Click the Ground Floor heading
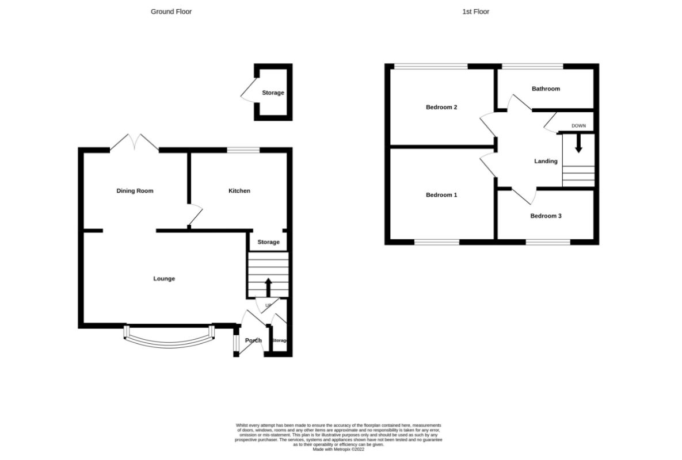pos(171,11)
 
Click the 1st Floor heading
pos(475,11)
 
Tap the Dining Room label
pos(135,191)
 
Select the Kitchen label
pos(239,191)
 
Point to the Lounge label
pos(164,279)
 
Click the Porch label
pos(253,340)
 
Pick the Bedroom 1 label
pos(441,195)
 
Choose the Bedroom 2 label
pos(441,107)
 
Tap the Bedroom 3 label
pos(546,216)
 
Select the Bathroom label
pos(546,89)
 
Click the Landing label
pos(546,162)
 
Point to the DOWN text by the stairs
pos(578,126)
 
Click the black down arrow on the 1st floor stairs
pos(578,144)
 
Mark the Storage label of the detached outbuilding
pos(273,93)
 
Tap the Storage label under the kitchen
pos(268,242)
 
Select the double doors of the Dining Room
pos(134,144)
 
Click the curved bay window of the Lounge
pos(169,339)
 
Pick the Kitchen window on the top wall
pos(243,150)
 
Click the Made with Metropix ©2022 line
pos(338,450)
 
